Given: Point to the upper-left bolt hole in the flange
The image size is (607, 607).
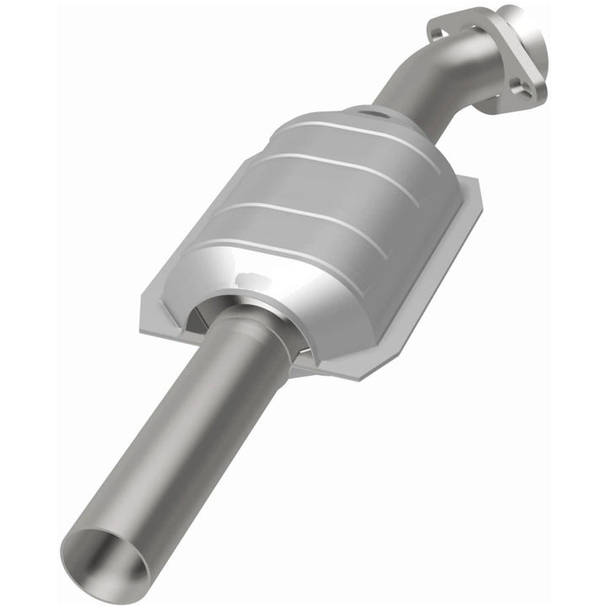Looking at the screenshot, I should coord(438,30).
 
